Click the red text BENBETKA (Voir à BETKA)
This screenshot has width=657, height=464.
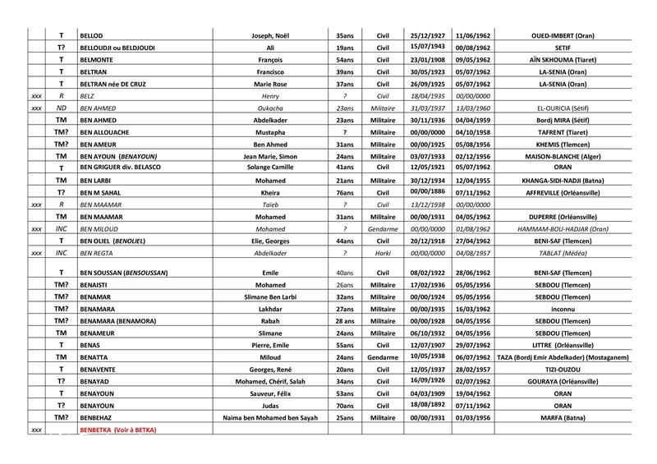point(117,430)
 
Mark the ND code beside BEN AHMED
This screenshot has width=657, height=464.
point(61,108)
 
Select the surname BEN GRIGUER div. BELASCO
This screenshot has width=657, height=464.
point(120,168)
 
